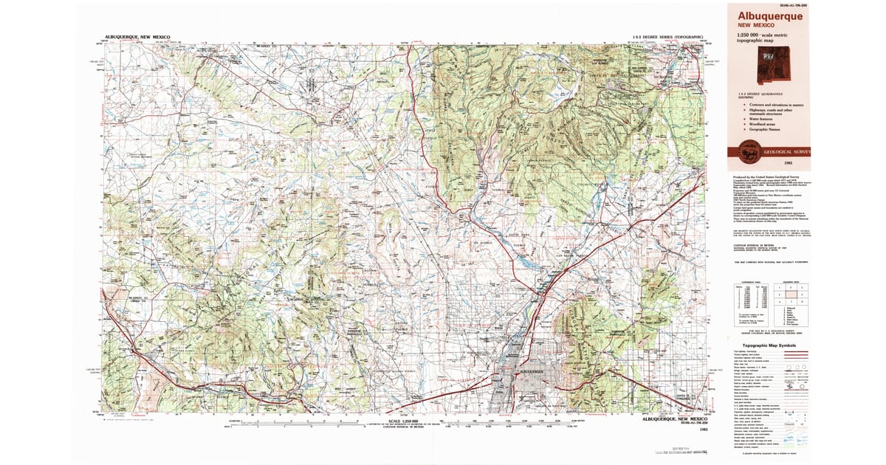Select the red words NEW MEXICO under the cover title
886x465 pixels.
[x=755, y=24]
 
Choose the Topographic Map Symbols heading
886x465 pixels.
[x=768, y=345]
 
